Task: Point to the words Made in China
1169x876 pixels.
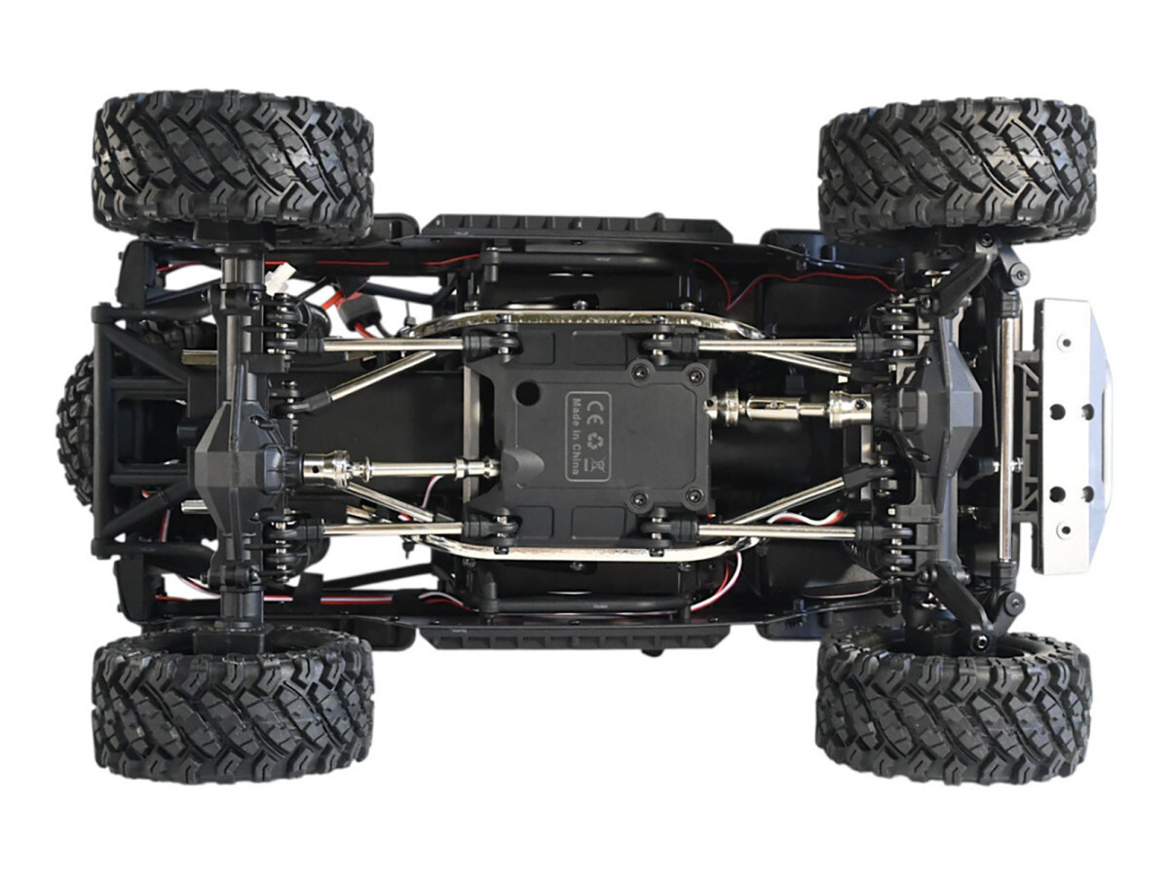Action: coord(574,436)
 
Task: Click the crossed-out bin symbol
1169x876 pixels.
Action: coord(590,465)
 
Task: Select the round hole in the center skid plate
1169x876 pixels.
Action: coord(526,392)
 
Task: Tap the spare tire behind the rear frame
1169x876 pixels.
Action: coord(76,430)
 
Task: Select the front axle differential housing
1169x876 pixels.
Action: coord(937,409)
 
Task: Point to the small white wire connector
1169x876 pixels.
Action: coord(276,283)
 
